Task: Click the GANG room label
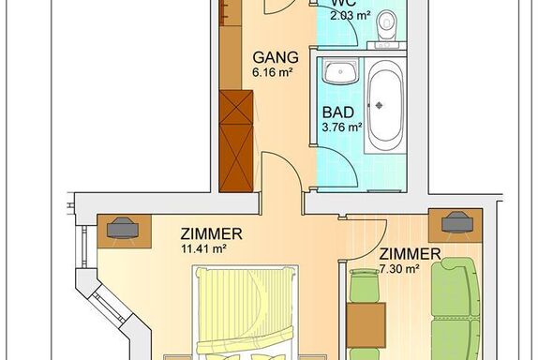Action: pos(276,57)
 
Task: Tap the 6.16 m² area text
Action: pos(273,72)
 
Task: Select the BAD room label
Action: pos(338,112)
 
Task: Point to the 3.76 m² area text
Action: pos(342,127)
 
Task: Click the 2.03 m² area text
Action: pos(351,15)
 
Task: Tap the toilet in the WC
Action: pos(386,24)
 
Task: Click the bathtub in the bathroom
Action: pos(385,106)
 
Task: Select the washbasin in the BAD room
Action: pos(341,71)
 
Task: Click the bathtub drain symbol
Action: pos(379,105)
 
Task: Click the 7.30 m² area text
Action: pos(399,269)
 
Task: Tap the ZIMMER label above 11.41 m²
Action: pos(212,234)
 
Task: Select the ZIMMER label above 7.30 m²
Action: pos(410,254)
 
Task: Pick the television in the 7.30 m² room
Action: pos(457,223)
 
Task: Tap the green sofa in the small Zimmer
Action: pos(456,308)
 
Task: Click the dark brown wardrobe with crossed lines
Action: pos(236,141)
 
